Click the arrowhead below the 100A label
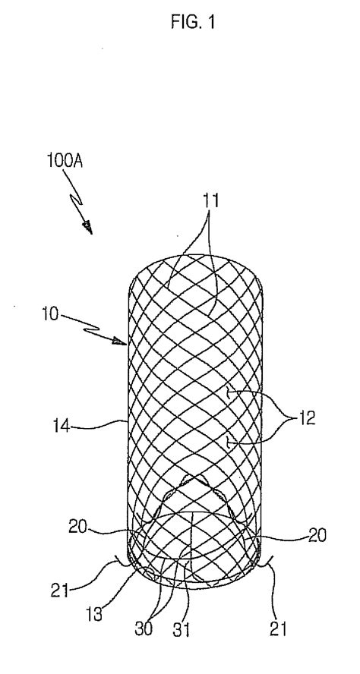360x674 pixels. coord(89,227)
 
